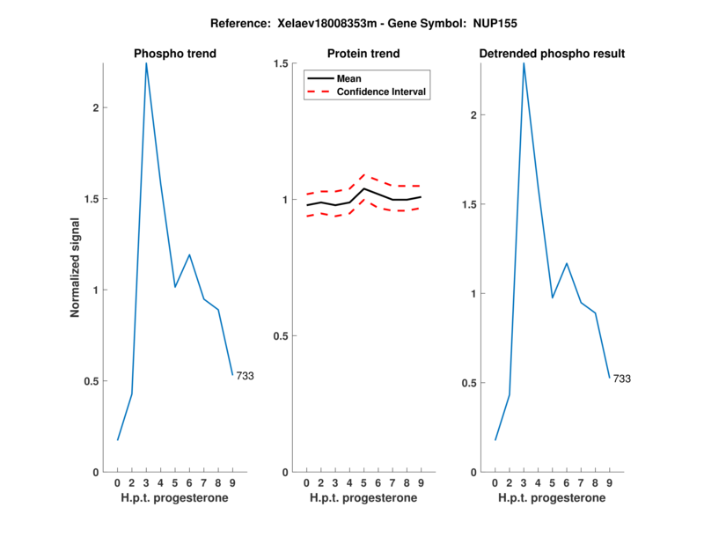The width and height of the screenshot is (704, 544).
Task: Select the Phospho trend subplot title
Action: point(175,54)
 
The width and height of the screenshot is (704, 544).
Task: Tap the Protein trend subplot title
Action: point(363,54)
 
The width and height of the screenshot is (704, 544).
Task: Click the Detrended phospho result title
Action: point(552,54)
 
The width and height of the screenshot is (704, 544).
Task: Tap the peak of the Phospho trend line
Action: point(146,63)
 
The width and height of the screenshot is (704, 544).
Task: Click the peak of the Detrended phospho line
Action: point(524,63)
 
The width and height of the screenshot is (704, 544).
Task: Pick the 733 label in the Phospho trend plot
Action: point(245,376)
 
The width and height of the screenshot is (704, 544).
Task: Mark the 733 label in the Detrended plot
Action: point(621,379)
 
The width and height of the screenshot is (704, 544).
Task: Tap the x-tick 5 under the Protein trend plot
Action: point(364,483)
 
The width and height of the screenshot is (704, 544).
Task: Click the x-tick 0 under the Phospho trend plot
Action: point(118,483)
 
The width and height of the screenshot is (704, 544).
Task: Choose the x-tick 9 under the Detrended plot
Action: point(609,483)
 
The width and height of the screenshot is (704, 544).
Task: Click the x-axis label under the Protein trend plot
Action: point(363,498)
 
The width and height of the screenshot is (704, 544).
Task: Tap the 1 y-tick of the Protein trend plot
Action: point(285,200)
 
